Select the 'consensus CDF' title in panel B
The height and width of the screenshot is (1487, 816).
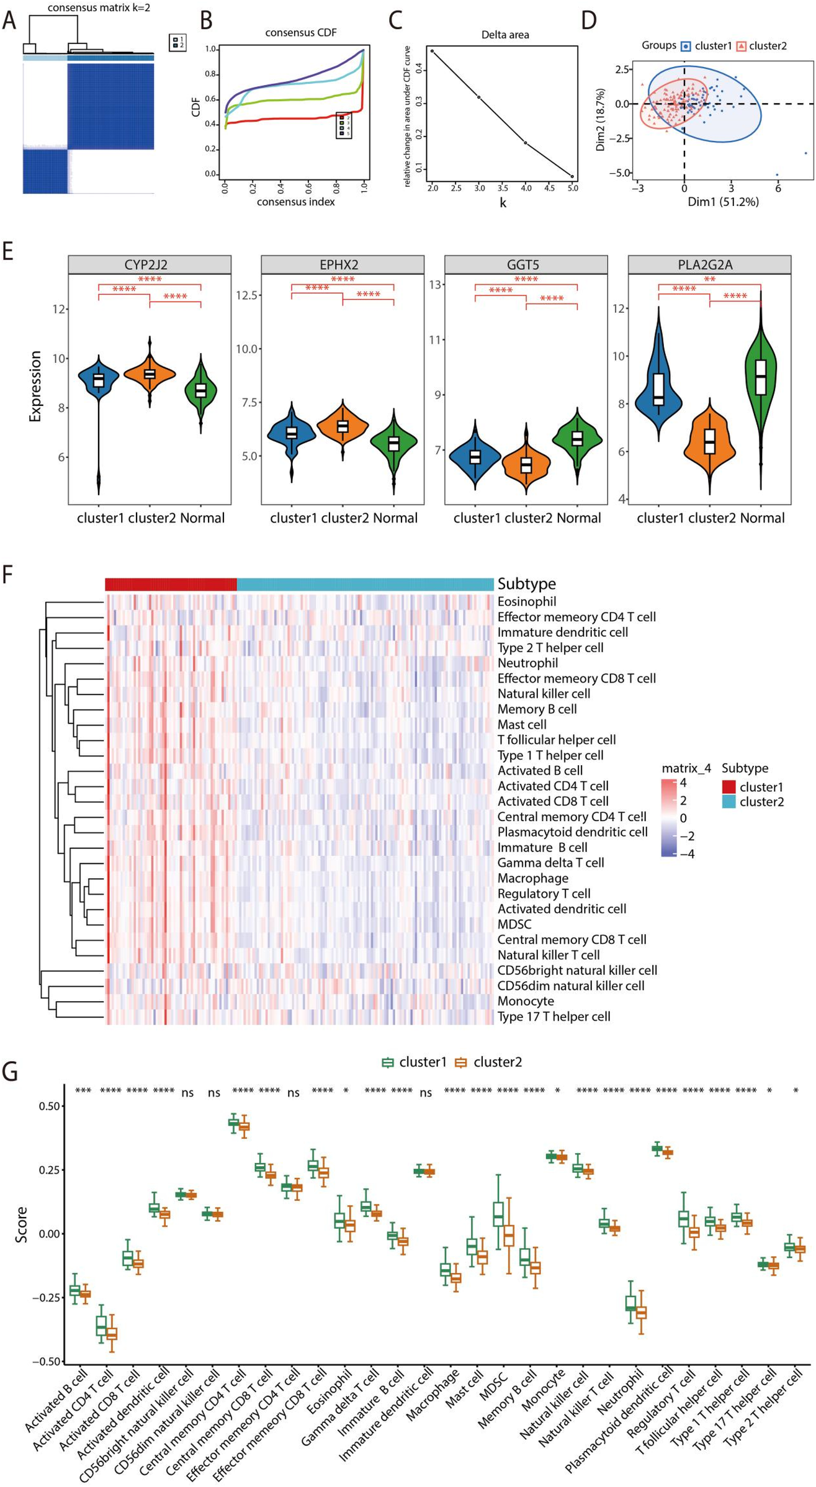(300, 32)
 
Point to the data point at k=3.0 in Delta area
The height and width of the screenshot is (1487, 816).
(478, 97)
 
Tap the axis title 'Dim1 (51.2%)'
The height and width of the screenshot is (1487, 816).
(722, 202)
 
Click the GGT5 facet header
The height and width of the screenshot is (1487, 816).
(526, 265)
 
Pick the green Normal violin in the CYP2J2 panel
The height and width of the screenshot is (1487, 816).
(200, 391)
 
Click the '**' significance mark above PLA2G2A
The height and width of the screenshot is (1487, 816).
(709, 280)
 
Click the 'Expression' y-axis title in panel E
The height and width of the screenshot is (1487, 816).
(35, 386)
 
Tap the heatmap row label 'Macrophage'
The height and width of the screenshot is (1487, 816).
(532, 878)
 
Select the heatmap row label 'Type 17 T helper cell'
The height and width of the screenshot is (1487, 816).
(554, 1016)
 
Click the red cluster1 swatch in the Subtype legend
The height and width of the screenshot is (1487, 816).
(729, 787)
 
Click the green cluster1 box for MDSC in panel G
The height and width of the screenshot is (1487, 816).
(498, 1213)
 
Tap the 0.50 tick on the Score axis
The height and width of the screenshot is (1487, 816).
(50, 1106)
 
